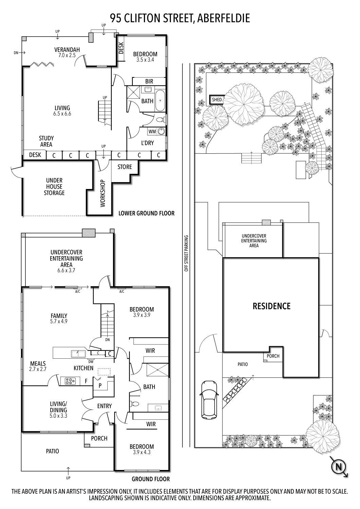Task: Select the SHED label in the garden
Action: (x=217, y=100)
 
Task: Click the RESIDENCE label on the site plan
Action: (x=271, y=306)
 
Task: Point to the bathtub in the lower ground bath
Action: (x=160, y=100)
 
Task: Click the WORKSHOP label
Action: (x=103, y=193)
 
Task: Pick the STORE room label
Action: (x=125, y=167)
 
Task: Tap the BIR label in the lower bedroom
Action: (x=149, y=81)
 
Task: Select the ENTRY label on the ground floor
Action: (x=104, y=406)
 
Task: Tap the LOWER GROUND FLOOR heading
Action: (x=146, y=213)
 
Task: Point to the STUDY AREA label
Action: (x=46, y=141)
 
